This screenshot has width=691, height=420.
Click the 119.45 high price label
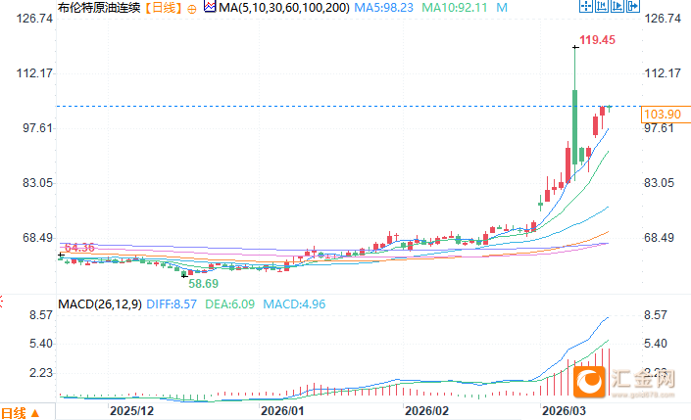[597, 40]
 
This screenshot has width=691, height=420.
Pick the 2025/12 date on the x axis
[131, 411]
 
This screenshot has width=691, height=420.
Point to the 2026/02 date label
[427, 411]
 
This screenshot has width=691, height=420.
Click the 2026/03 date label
[564, 411]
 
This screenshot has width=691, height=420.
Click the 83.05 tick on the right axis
[662, 183]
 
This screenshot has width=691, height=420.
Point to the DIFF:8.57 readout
[172, 303]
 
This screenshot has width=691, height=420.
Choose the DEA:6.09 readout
[231, 303]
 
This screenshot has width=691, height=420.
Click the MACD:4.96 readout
[294, 303]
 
